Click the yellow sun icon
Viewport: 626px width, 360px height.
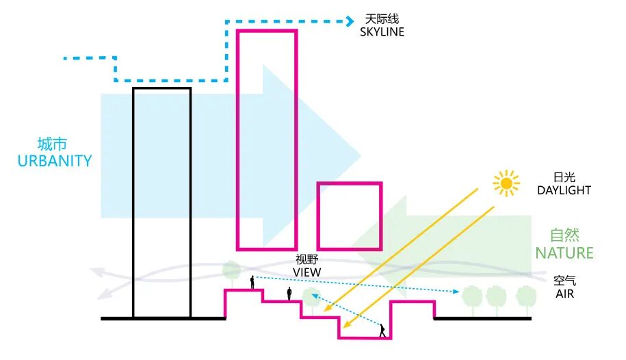(506, 183)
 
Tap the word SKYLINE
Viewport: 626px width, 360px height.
(382, 32)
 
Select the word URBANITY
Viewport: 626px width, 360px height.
(55, 162)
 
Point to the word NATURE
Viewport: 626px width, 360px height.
(564, 253)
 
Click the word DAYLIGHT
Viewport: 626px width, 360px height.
(564, 190)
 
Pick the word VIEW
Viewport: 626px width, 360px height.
(307, 272)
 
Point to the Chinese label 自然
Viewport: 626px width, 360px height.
(564, 235)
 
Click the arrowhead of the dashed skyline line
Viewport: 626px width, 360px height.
(351, 21)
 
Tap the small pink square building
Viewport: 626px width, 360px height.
(349, 216)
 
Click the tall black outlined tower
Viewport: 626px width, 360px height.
(161, 203)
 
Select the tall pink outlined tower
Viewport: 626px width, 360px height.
(267, 139)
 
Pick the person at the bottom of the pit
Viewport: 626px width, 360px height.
(382, 331)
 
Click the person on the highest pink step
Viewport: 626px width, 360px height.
(252, 282)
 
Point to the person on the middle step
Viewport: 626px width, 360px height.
(289, 294)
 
